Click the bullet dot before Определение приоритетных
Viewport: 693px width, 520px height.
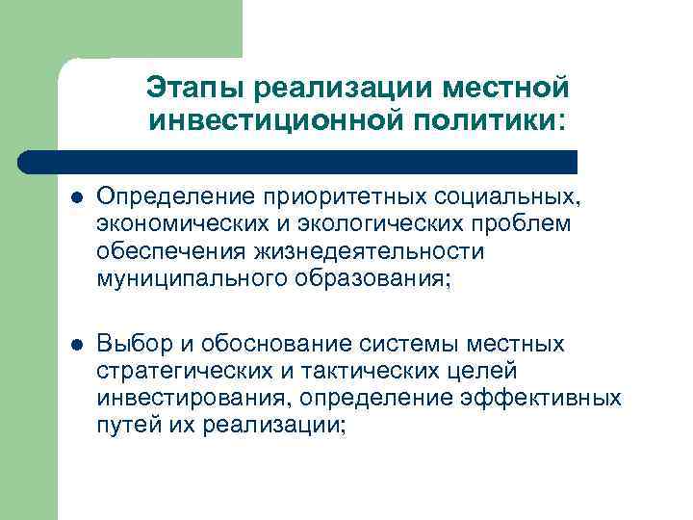coord(76,197)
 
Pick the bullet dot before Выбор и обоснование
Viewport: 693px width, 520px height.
coord(76,344)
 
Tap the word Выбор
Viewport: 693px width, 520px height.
coord(131,344)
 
